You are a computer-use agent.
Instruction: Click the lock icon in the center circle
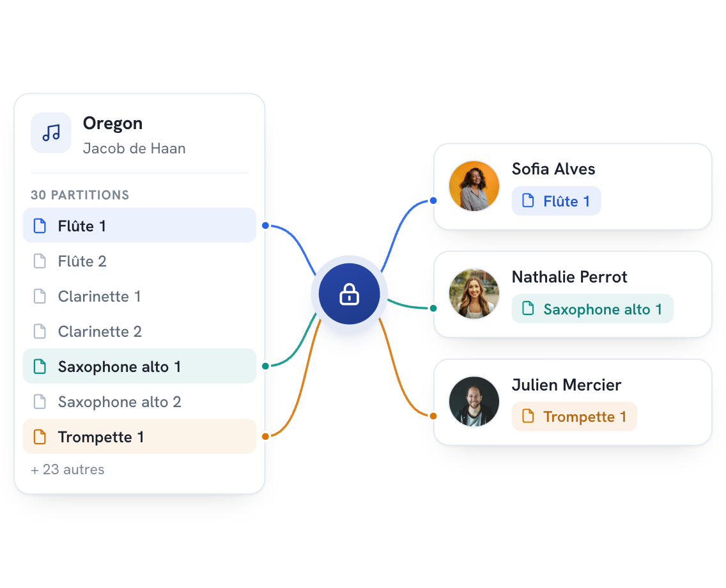(x=349, y=295)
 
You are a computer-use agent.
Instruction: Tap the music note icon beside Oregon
(x=51, y=132)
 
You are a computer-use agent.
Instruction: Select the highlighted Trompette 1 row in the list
(x=139, y=437)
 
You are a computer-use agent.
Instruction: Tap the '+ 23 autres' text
(x=68, y=470)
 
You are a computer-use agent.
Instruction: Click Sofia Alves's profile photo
(x=474, y=185)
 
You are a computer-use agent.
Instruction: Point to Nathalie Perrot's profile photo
(x=474, y=293)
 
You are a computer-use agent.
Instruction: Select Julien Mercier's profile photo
(x=474, y=401)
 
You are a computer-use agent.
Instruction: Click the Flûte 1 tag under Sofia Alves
(x=556, y=201)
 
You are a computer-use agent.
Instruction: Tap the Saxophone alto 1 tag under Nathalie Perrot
(x=592, y=309)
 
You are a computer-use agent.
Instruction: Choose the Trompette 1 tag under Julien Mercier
(x=574, y=417)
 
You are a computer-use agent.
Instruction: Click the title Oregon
(x=112, y=123)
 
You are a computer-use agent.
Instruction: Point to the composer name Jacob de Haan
(x=134, y=148)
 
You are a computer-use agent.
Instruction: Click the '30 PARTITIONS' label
(x=80, y=195)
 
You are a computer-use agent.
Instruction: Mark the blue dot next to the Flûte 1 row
(x=265, y=226)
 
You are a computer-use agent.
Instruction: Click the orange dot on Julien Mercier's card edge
(x=433, y=416)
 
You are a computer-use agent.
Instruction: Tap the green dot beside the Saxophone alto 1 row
(x=265, y=366)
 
